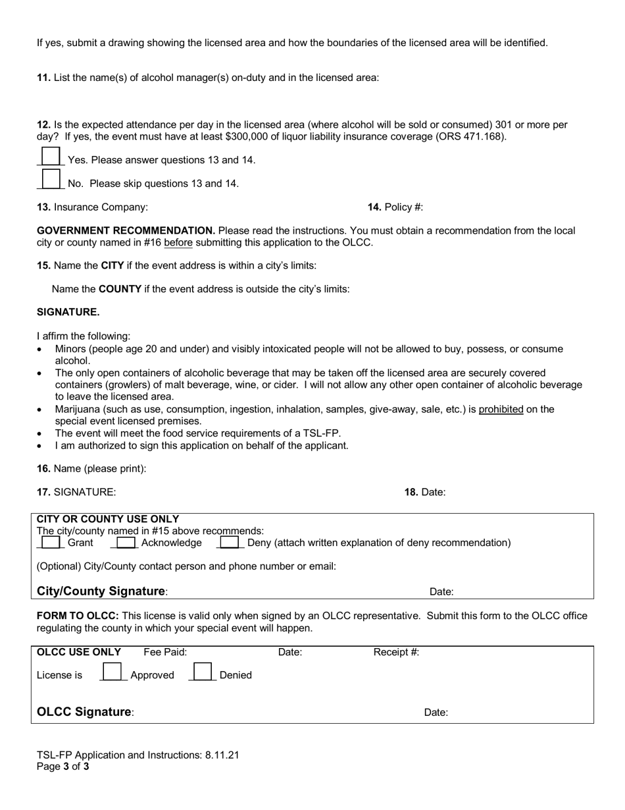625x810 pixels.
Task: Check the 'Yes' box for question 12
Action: click(51, 156)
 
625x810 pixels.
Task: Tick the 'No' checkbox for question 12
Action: click(51, 179)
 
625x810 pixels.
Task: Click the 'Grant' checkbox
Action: click(51, 543)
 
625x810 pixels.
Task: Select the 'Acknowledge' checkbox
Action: click(125, 543)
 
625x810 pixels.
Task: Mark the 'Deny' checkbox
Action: click(229, 543)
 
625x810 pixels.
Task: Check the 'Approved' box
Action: click(112, 672)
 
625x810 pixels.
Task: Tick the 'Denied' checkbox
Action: click(201, 672)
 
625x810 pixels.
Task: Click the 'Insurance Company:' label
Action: click(101, 207)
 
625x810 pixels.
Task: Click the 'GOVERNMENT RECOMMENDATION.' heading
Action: click(126, 231)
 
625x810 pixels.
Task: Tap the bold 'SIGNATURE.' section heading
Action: click(68, 312)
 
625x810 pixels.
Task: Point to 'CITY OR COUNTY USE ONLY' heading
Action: click(108, 520)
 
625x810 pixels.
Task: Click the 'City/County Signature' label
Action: click(101, 591)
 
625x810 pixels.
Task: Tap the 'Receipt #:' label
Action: click(396, 653)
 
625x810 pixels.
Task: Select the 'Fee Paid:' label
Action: click(165, 653)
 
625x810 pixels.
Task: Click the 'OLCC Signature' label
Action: click(84, 713)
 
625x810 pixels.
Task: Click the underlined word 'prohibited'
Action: click(501, 410)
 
